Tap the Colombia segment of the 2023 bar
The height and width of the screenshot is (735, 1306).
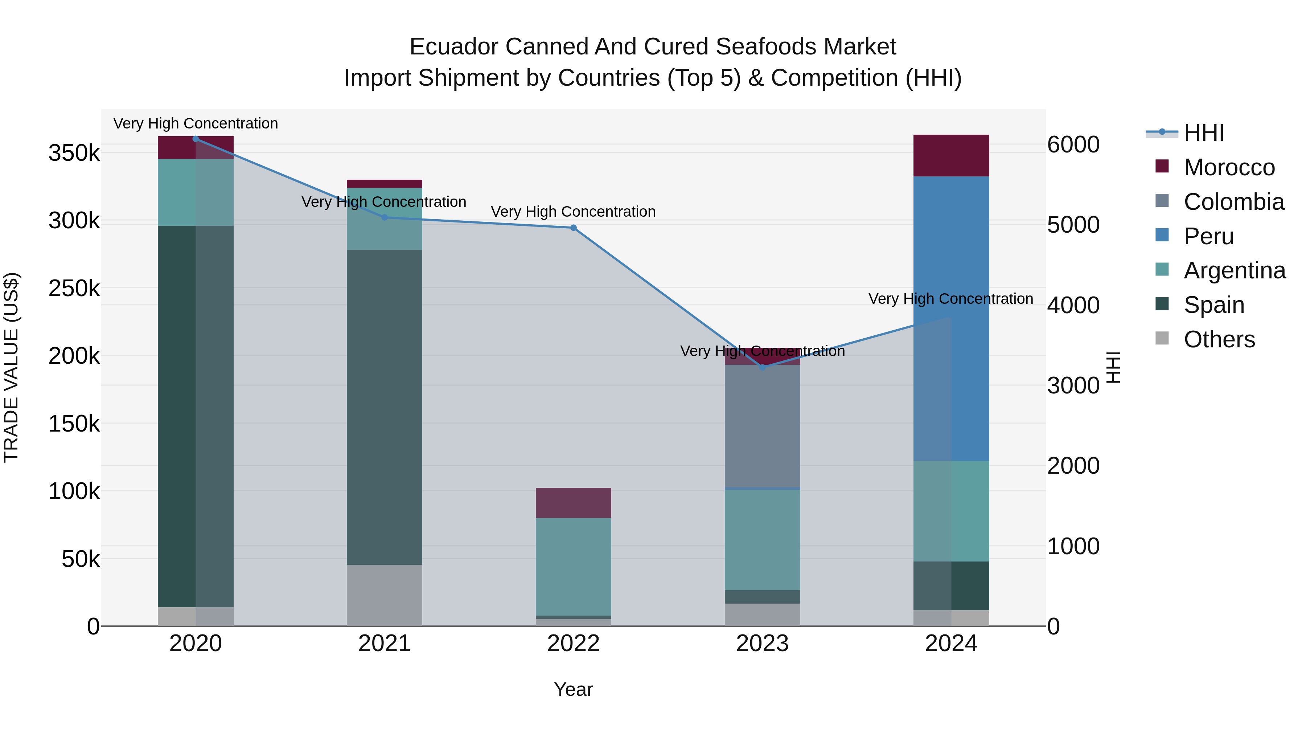click(x=762, y=426)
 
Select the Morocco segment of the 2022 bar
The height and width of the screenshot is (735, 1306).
click(x=574, y=503)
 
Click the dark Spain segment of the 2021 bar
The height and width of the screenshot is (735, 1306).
click(x=384, y=406)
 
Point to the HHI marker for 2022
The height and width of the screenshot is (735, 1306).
click(x=574, y=228)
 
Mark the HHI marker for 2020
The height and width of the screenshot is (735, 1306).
click(x=196, y=139)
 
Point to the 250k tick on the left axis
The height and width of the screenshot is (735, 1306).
click(x=74, y=289)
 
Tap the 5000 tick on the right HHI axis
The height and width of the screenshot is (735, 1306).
click(x=1073, y=225)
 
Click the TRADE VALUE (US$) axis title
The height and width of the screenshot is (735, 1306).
click(x=11, y=367)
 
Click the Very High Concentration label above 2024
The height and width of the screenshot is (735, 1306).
click(x=950, y=299)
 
